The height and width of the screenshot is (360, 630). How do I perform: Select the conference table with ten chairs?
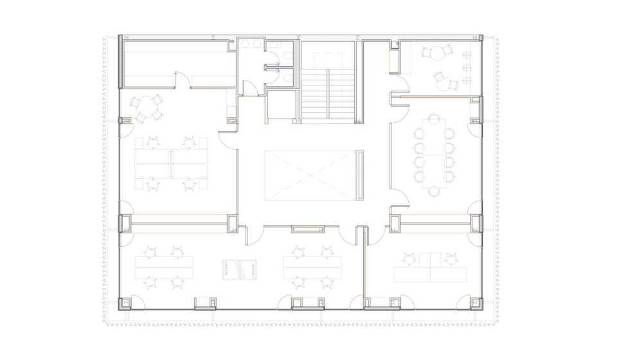[434, 154]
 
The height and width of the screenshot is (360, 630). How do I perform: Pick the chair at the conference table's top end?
[434, 119]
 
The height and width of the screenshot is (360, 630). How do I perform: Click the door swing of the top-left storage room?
[183, 80]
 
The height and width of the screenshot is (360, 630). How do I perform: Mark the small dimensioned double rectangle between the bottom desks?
[240, 269]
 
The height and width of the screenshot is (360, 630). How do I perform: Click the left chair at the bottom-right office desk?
[410, 259]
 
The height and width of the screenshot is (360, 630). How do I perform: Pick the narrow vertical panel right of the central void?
[360, 175]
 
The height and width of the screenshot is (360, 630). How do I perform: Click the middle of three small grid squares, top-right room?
[466, 67]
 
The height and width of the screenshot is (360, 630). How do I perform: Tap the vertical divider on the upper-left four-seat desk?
[171, 163]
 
